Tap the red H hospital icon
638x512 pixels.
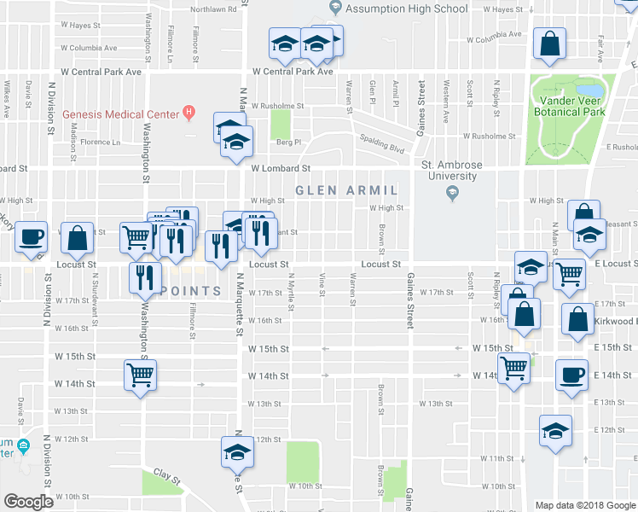(x=189, y=113)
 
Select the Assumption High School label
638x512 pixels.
(x=406, y=9)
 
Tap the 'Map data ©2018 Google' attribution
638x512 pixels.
(x=584, y=505)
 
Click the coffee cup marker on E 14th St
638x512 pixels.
(x=571, y=375)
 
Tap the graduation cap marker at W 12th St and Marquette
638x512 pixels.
(x=238, y=452)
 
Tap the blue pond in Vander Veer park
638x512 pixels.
(x=589, y=90)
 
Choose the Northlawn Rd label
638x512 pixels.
(x=213, y=9)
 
